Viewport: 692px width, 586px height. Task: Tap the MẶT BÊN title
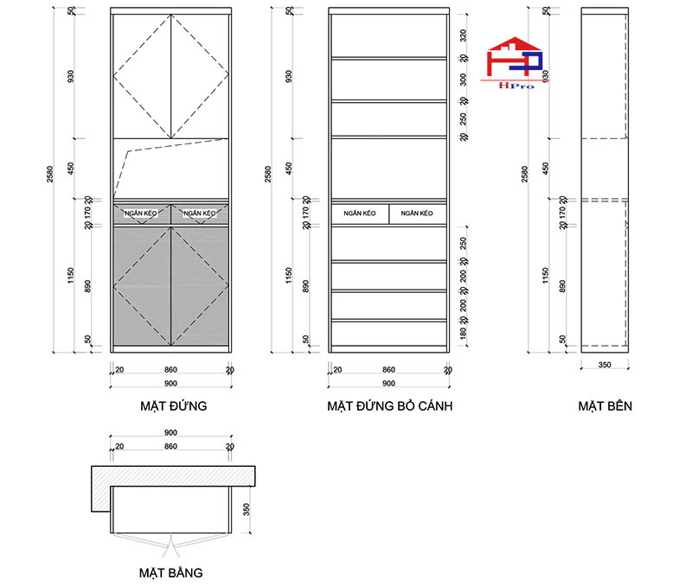point(605,405)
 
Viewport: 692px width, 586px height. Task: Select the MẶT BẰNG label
point(171,572)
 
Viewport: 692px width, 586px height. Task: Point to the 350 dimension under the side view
point(605,366)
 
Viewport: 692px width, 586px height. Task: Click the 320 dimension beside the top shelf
point(464,35)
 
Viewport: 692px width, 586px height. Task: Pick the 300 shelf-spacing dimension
point(464,79)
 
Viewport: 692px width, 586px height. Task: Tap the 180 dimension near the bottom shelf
point(464,334)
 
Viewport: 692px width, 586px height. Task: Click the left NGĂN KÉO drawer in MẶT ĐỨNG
point(142,213)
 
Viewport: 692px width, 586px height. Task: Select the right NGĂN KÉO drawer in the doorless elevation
point(418,213)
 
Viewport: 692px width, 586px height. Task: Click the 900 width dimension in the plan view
point(170,433)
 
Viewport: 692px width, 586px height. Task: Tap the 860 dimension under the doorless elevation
point(388,370)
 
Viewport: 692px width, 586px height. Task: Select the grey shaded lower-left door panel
point(142,285)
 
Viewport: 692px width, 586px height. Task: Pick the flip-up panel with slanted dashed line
point(170,169)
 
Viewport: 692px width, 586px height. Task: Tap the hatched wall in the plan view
point(173,475)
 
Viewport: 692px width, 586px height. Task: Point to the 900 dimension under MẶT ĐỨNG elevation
point(170,383)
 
